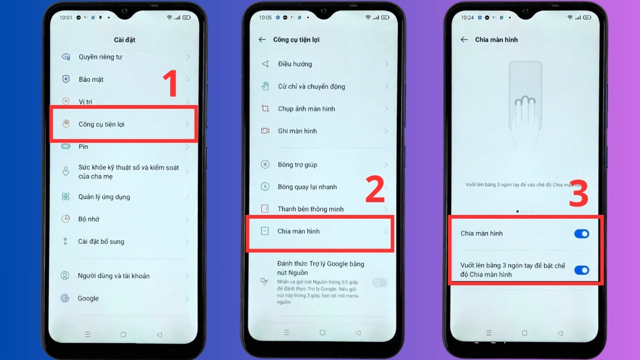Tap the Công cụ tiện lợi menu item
[x=101, y=124]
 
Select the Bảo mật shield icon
[x=66, y=79]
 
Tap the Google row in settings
[x=89, y=298]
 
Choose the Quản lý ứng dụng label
[x=104, y=197]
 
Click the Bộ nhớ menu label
[x=89, y=219]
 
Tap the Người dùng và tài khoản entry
[x=114, y=276]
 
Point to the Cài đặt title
[x=124, y=40]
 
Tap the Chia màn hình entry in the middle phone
[x=299, y=231]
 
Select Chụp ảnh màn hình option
[x=306, y=109]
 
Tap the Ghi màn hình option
[x=297, y=131]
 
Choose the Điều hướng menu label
[x=295, y=64]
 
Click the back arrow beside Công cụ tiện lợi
[x=262, y=40]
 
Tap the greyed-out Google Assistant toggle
[x=380, y=283]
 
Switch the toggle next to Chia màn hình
[x=581, y=234]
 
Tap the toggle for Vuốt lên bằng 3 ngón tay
[x=581, y=270]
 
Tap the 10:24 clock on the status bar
[x=467, y=18]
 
